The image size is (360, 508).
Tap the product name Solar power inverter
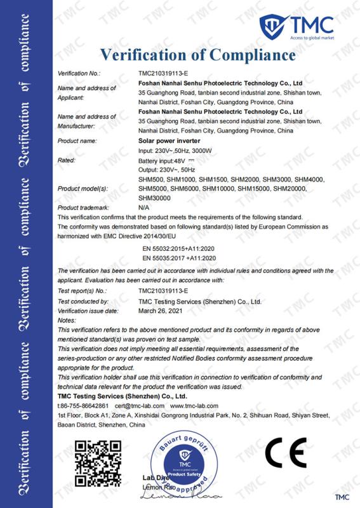click(x=164, y=140)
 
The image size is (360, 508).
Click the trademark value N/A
click(x=143, y=208)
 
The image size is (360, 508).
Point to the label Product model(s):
click(x=83, y=189)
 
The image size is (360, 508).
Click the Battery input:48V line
click(x=159, y=161)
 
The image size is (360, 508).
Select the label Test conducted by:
click(x=83, y=302)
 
